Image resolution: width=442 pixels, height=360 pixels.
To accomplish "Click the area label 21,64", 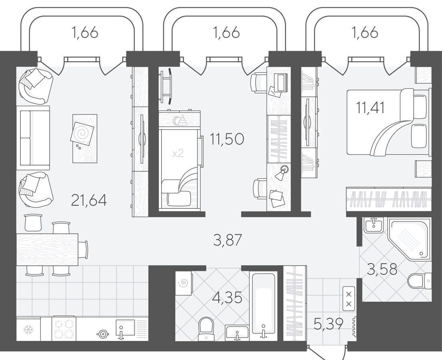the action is point(89,200).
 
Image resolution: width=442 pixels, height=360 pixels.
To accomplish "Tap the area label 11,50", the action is point(227,138).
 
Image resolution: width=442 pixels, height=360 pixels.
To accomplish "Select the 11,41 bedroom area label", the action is point(370,108).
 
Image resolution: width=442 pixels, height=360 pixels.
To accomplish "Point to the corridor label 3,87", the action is point(228,240).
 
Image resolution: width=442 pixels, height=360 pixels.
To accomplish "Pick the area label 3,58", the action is point(382,269).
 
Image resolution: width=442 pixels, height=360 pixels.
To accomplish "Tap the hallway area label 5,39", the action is point(329,324).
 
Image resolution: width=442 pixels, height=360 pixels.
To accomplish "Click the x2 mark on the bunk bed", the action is point(178,153).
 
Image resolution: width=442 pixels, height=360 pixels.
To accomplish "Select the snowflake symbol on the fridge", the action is point(28,329).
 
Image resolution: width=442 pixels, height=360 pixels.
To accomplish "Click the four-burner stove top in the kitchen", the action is point(64,329).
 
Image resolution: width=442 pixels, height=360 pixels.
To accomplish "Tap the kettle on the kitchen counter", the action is point(102,334).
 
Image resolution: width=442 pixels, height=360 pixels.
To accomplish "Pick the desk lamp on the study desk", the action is point(282,172).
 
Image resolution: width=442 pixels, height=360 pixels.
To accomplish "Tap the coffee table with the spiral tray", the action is point(85,138).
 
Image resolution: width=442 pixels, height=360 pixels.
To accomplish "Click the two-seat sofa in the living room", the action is point(33,138).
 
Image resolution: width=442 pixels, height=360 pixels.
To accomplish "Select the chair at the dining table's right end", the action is point(83,250).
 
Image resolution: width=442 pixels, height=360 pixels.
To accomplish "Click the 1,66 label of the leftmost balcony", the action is point(85,33).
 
